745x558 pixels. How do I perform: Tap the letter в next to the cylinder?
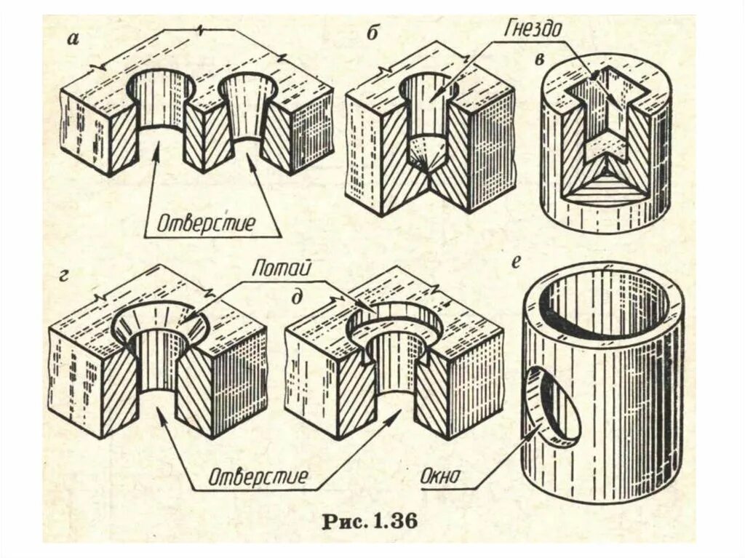point(539,59)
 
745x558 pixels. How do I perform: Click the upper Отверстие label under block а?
point(208,223)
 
